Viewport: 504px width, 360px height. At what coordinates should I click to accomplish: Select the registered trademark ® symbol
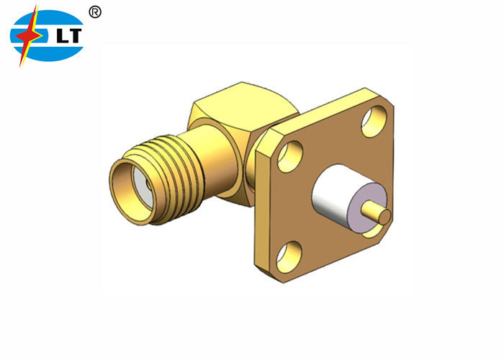click(x=95, y=12)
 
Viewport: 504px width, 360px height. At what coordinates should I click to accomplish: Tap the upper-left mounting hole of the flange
click(x=289, y=156)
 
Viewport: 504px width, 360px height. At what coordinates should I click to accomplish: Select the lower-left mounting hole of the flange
click(x=289, y=252)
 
